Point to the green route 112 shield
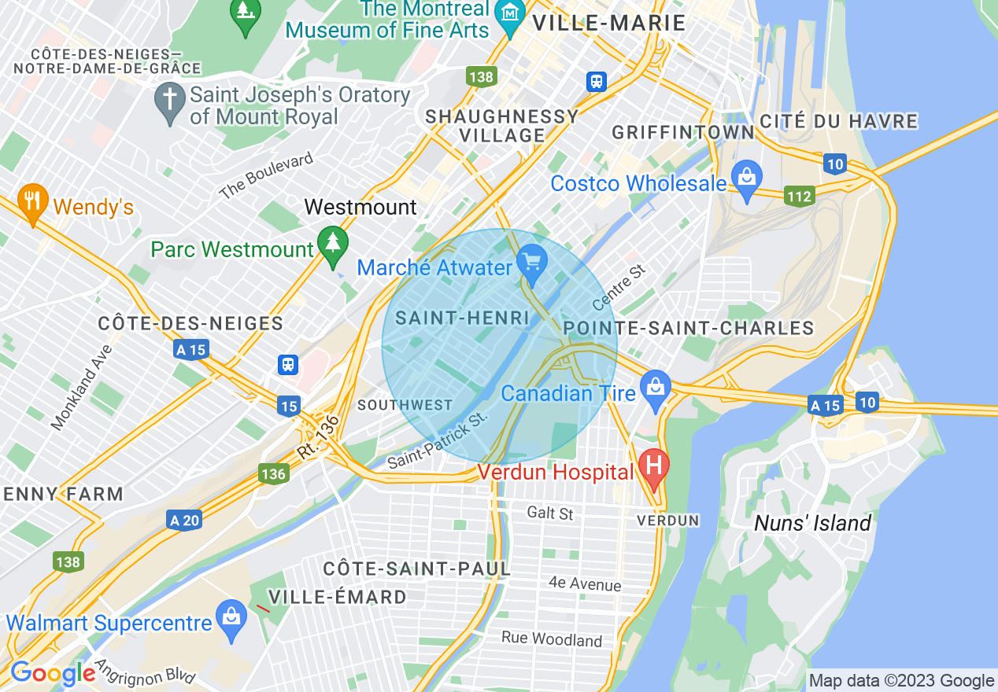pos(799,196)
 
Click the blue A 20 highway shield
pos(184,520)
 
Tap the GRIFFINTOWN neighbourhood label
pos(683,133)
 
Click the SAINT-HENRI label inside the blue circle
pos(462,318)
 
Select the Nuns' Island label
pos(812,524)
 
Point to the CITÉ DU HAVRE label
pos(839,122)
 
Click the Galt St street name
pos(550,513)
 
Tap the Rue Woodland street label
pos(552,639)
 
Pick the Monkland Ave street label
pos(82,388)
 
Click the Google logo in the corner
pos(53,673)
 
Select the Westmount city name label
pos(360,207)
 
